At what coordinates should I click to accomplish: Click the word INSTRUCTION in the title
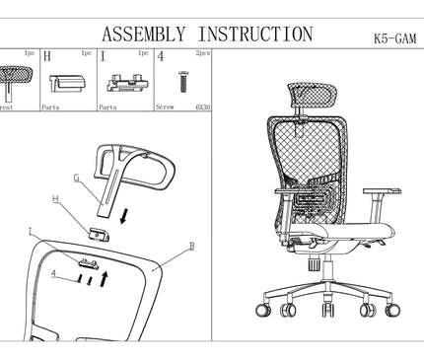(x=251, y=34)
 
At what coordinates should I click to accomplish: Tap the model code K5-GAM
(x=392, y=40)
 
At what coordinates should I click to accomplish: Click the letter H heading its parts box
(x=46, y=57)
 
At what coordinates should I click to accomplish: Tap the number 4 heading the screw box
(x=161, y=57)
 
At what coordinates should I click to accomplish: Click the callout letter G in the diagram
(x=76, y=179)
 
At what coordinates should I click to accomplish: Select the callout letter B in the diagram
(x=191, y=245)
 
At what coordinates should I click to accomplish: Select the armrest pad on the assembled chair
(x=382, y=191)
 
